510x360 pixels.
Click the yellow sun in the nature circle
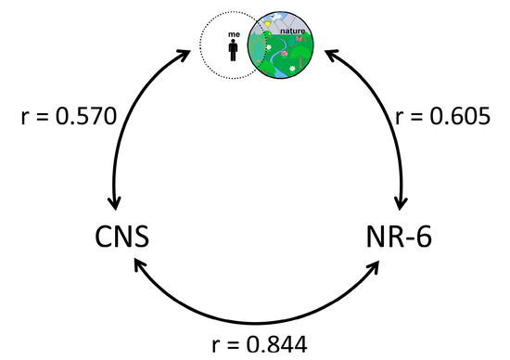[x=268, y=24]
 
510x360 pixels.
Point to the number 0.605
[x=459, y=117]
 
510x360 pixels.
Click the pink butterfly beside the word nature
[x=299, y=39]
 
